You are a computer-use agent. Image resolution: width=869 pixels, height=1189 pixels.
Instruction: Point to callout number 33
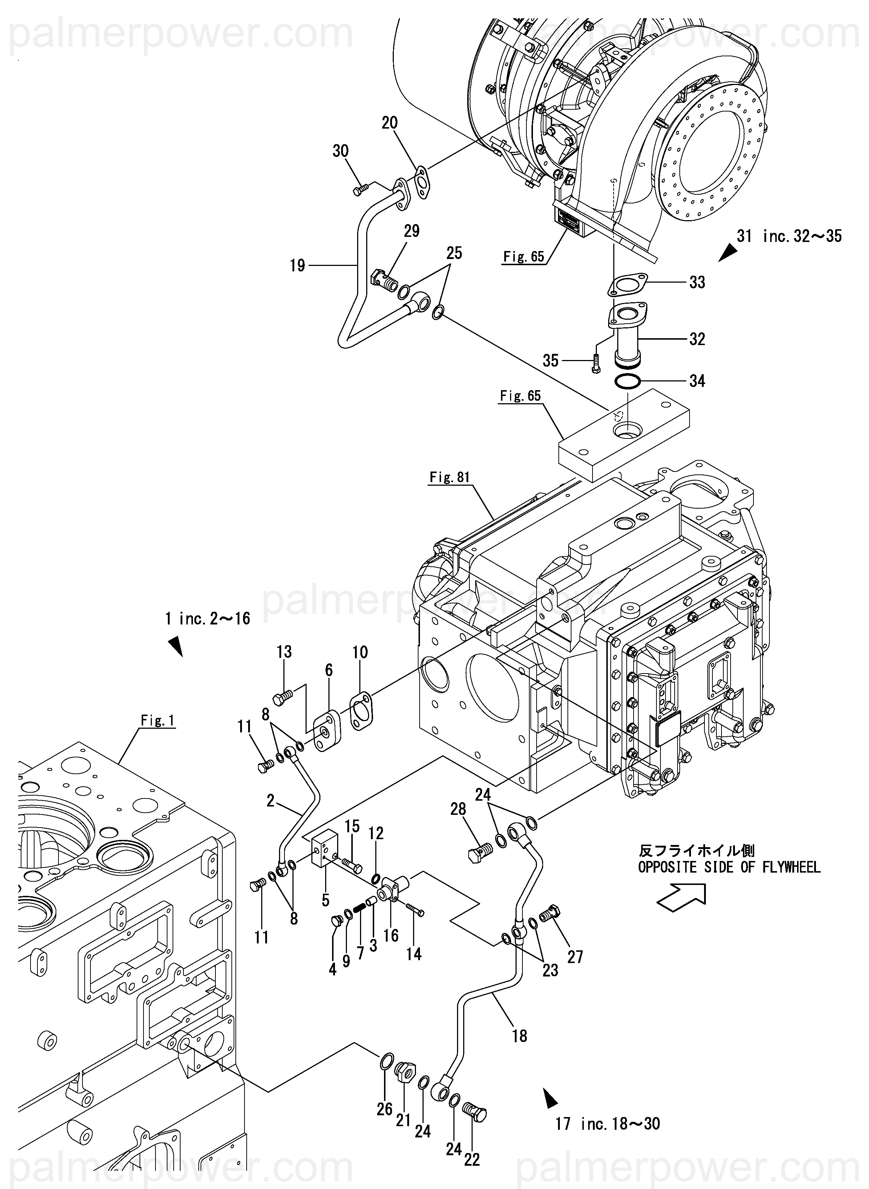pos(697,282)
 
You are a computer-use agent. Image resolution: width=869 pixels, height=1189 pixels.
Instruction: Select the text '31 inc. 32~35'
pos(789,236)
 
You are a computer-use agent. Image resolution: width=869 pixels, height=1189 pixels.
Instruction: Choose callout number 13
pos(284,652)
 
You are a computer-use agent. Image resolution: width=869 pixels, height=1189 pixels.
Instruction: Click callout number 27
pos(575,957)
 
